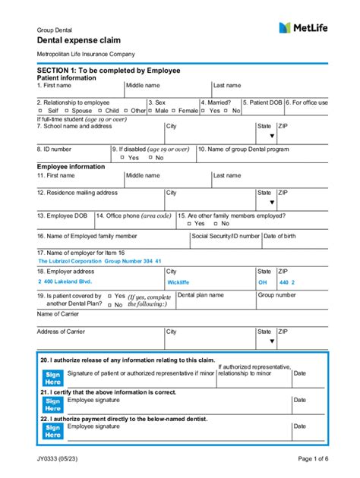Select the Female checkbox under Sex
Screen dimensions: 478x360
172,111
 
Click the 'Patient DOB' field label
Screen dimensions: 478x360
263,102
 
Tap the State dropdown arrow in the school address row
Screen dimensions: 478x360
271,137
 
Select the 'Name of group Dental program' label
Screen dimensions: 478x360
243,149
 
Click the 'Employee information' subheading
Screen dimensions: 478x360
71,166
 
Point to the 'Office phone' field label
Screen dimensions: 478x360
134,215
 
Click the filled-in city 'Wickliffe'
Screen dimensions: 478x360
178,281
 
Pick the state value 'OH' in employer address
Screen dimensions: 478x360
263,281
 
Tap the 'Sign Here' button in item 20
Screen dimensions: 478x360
52,378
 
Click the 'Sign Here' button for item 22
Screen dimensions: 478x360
52,431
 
